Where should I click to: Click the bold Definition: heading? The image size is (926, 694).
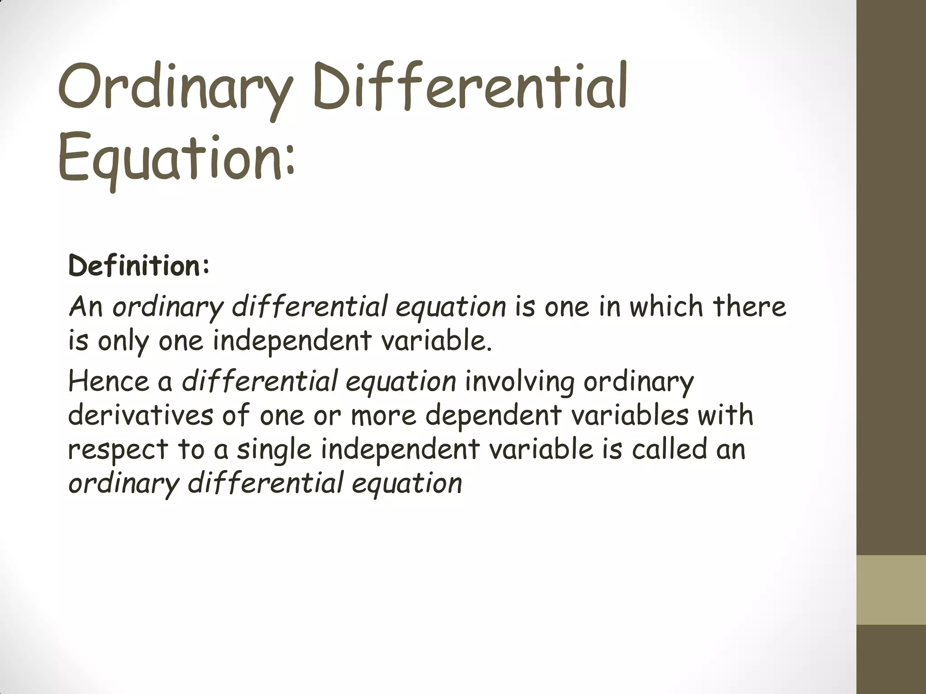[139, 266]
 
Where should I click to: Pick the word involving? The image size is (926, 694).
[520, 382]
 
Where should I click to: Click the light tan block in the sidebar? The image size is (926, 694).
[891, 590]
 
